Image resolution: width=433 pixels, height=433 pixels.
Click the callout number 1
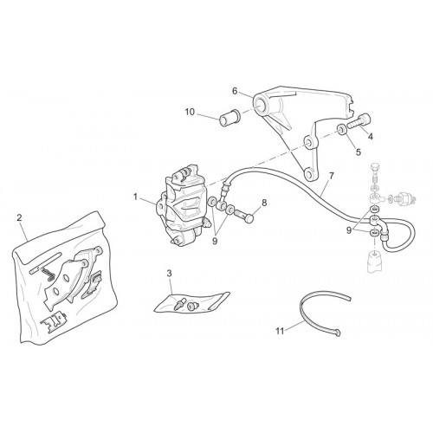pyautogui.click(x=135, y=197)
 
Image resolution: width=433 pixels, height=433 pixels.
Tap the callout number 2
pyautogui.click(x=19, y=217)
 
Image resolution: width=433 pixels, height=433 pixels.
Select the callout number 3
pyautogui.click(x=169, y=273)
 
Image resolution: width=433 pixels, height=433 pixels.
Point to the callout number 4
pyautogui.click(x=371, y=137)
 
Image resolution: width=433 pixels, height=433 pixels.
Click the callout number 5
pyautogui.click(x=359, y=152)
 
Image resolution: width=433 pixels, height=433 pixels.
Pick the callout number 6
pyautogui.click(x=235, y=91)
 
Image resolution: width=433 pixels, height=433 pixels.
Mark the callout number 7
pyautogui.click(x=331, y=176)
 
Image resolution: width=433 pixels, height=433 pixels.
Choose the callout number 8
pyautogui.click(x=264, y=203)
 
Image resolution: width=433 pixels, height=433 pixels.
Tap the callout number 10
pyautogui.click(x=190, y=112)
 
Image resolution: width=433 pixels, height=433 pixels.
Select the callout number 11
pyautogui.click(x=280, y=331)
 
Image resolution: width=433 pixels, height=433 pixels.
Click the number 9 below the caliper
pyautogui.click(x=215, y=242)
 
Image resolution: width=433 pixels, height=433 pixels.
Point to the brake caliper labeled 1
pyautogui.click(x=181, y=205)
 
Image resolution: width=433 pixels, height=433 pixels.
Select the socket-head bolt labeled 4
pyautogui.click(x=359, y=121)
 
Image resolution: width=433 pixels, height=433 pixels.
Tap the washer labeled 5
pyautogui.click(x=341, y=129)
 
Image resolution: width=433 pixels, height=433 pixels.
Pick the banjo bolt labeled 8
pyautogui.click(x=244, y=216)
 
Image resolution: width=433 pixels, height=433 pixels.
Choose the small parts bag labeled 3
pyautogui.click(x=191, y=303)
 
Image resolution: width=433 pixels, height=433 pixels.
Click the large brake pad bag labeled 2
pyautogui.click(x=64, y=280)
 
